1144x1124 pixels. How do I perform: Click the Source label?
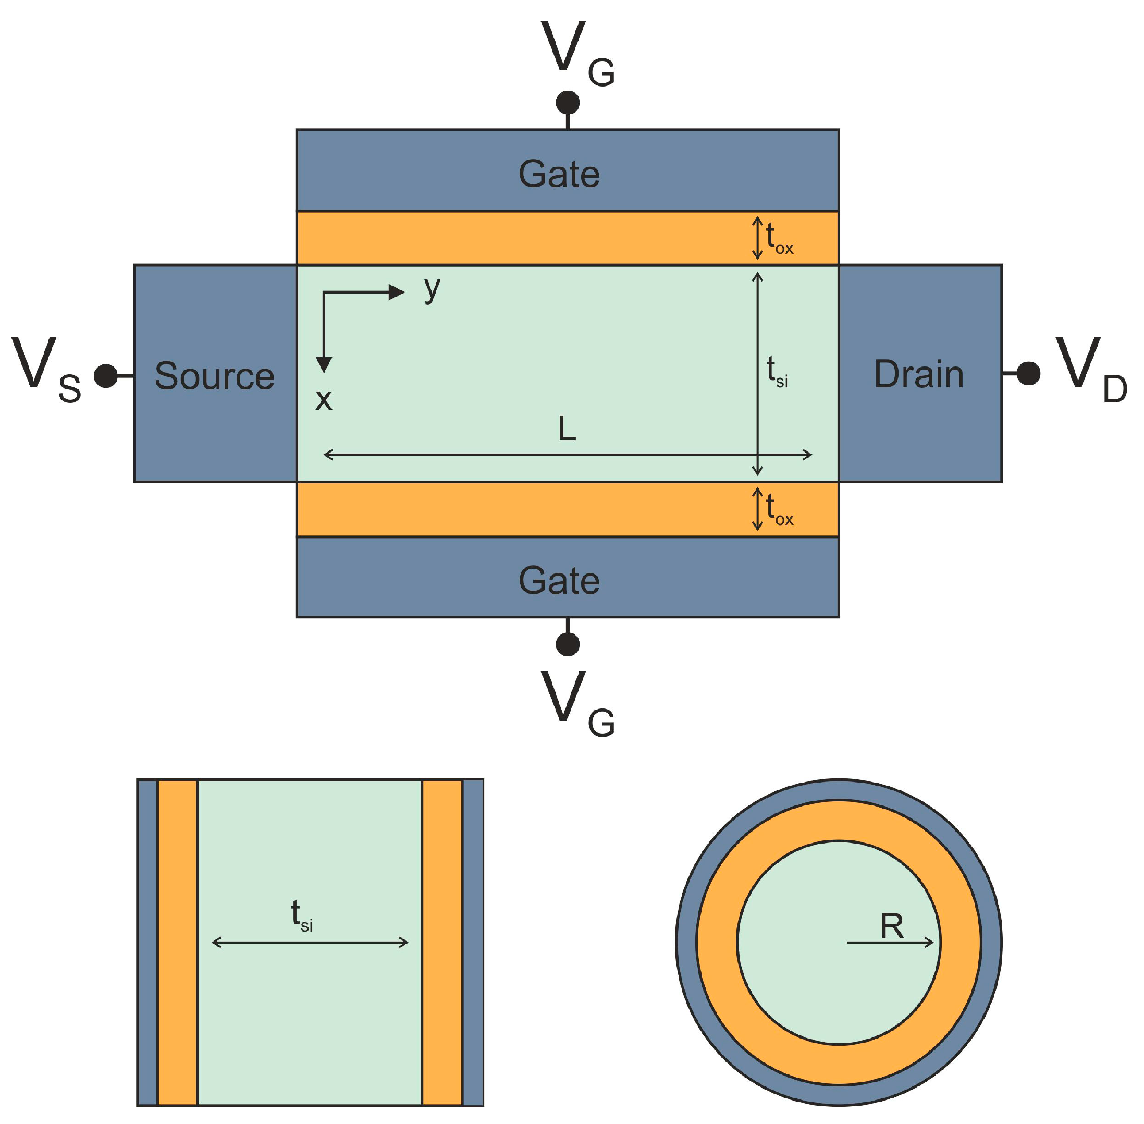coord(214,376)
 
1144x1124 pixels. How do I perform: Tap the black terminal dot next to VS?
coord(106,376)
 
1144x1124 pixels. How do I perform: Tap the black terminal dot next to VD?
coord(1028,374)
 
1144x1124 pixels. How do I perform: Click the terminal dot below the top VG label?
coord(567,103)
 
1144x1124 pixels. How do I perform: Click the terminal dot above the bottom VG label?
coord(567,644)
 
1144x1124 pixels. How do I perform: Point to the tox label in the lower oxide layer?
coord(779,510)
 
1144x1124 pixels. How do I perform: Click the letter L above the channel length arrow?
coord(567,429)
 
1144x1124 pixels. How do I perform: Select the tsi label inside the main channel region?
coord(776,372)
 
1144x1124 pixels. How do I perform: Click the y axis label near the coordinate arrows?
coord(432,289)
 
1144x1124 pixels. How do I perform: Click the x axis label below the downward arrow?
coord(324,400)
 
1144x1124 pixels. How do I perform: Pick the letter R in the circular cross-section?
coord(891,926)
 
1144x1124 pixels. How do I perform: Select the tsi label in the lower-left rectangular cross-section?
coord(302,915)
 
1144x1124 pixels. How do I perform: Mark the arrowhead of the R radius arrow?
coord(929,943)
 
